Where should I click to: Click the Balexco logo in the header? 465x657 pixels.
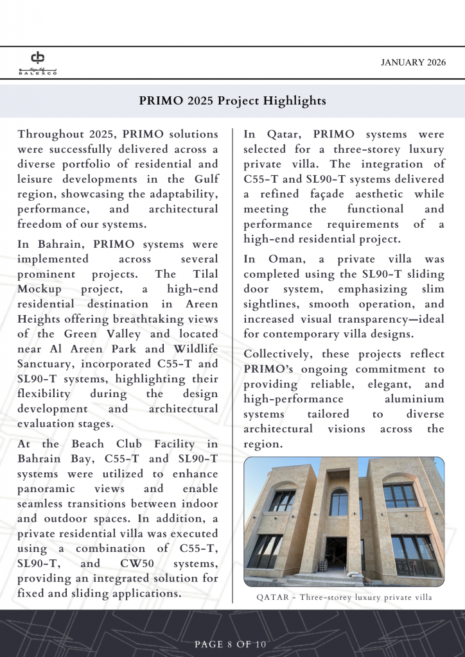[x=38, y=62]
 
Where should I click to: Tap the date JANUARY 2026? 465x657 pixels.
[x=412, y=62]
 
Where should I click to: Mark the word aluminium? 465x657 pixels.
[x=412, y=399]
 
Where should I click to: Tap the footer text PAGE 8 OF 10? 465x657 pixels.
[x=231, y=644]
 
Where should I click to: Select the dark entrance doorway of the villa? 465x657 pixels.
[x=335, y=553]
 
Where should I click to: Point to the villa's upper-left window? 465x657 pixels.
[x=282, y=500]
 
